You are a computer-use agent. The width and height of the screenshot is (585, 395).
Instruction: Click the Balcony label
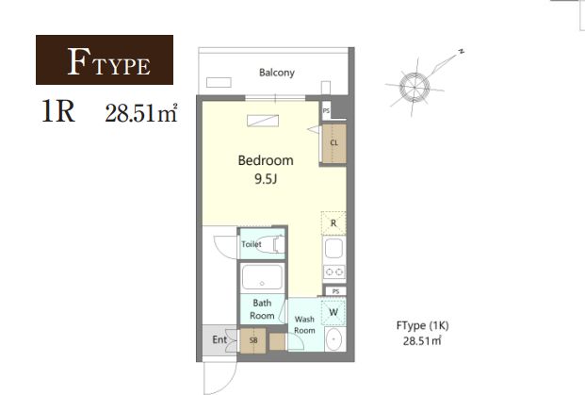(x=277, y=73)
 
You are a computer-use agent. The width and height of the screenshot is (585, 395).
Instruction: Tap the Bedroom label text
(x=266, y=160)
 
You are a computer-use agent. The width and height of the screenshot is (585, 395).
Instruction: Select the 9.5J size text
(x=266, y=179)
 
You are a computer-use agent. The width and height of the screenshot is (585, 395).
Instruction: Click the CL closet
(x=333, y=143)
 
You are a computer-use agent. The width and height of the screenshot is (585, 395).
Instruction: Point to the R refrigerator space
(x=333, y=222)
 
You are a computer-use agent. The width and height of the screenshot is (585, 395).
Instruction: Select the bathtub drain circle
(x=262, y=284)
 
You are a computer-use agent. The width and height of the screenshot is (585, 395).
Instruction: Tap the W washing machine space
(x=333, y=312)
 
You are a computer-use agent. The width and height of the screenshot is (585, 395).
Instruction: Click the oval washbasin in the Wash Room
(x=334, y=339)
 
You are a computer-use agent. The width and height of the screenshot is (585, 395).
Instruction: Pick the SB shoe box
(x=253, y=340)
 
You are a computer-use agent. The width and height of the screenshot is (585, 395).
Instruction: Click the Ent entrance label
(x=219, y=339)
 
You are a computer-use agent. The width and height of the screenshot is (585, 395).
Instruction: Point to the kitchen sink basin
(x=333, y=248)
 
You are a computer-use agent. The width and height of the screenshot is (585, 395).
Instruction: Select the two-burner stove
(x=334, y=272)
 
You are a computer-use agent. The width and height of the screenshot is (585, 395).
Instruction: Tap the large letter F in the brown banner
(x=79, y=61)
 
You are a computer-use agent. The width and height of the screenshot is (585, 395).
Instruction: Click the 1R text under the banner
(x=58, y=111)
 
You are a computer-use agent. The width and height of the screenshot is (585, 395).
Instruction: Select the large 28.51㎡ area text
(x=141, y=113)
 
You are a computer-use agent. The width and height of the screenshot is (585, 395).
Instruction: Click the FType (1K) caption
(x=422, y=326)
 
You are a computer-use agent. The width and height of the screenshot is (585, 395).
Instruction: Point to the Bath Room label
(x=262, y=309)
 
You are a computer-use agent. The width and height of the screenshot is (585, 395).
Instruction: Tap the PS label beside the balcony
(x=326, y=111)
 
